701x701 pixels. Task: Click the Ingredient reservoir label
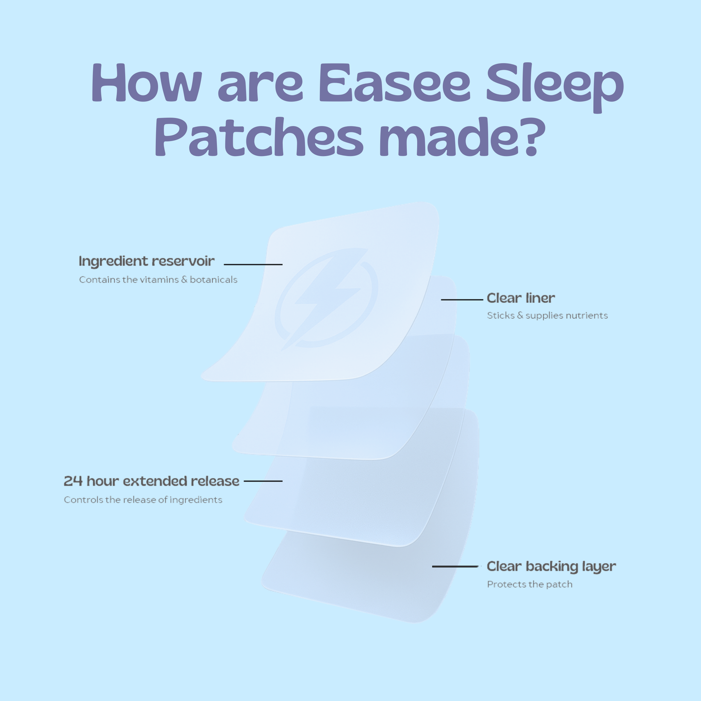click(147, 261)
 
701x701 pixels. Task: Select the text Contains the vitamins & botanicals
click(158, 280)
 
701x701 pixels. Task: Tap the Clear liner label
click(521, 298)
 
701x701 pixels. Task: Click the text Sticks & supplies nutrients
click(547, 316)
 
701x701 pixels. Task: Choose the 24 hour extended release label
click(151, 481)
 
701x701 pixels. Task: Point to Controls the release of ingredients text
click(143, 500)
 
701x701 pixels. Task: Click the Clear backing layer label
click(551, 567)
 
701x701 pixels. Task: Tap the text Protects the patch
click(530, 585)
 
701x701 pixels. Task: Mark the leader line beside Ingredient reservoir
click(253, 264)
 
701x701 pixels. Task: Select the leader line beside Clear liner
click(462, 300)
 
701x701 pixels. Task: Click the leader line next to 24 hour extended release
click(263, 481)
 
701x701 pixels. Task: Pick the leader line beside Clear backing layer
click(455, 567)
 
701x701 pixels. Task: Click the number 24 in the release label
click(73, 481)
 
